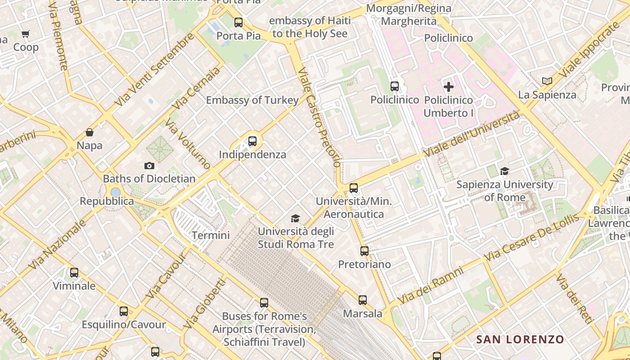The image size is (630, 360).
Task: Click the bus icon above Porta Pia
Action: [x=238, y=22]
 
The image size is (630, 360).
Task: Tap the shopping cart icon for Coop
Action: [x=26, y=34]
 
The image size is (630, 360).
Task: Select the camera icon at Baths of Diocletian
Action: [x=149, y=166]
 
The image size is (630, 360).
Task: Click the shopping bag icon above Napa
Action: [x=90, y=132]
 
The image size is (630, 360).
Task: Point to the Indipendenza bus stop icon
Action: [x=252, y=141]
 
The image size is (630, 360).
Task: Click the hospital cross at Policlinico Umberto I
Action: [x=448, y=87]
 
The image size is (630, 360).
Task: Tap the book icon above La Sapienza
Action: [x=547, y=81]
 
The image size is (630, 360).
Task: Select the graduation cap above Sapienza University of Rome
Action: [x=504, y=171]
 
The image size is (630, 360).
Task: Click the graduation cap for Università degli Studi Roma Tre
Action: [x=295, y=219]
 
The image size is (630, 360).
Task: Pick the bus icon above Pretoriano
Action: [x=364, y=251]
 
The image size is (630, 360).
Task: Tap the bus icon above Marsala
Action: [x=363, y=300]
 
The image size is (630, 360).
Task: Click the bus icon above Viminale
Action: [x=74, y=273]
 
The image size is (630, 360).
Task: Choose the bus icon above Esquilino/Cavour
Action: [x=124, y=311]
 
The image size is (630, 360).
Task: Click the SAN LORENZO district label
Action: [x=520, y=339]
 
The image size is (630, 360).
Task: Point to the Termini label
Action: [x=211, y=235]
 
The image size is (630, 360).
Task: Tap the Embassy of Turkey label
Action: [x=252, y=100]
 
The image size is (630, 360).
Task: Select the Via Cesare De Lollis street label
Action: [x=531, y=238]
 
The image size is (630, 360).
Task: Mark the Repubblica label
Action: [x=107, y=201]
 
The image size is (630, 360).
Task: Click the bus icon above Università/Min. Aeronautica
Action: [x=354, y=188]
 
